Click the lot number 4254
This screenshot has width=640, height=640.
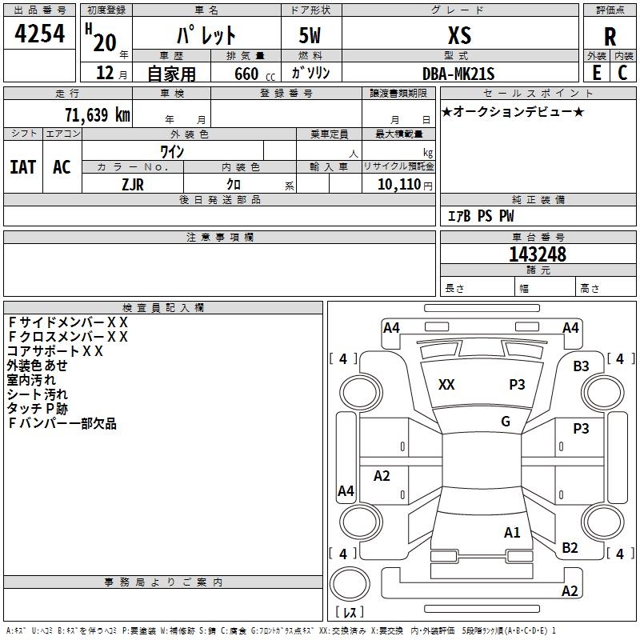[39, 35]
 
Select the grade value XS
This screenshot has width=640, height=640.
[459, 35]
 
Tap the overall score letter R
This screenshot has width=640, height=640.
[610, 37]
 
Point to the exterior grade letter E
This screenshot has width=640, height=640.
[596, 73]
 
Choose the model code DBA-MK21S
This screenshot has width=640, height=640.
[459, 74]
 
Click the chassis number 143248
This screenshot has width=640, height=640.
[538, 254]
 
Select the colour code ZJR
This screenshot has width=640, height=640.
[133, 183]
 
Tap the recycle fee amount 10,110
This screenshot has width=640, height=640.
[399, 184]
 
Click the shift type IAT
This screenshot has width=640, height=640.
[23, 167]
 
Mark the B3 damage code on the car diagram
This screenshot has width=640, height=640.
[581, 366]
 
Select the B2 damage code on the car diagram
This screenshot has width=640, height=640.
[570, 548]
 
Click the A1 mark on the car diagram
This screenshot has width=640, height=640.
[512, 532]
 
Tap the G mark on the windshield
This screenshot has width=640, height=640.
[506, 422]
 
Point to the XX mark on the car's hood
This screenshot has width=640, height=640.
[446, 385]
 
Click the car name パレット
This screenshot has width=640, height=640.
[206, 36]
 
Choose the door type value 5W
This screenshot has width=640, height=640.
[311, 36]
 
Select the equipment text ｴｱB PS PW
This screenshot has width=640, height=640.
[480, 216]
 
